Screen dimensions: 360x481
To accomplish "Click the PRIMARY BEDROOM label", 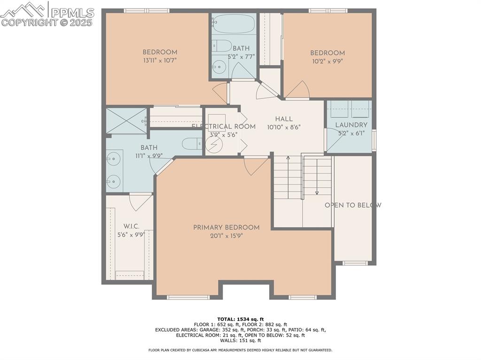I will [x=226, y=228].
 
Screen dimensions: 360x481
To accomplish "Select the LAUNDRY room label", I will [x=351, y=125].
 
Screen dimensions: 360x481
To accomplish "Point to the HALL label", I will [x=284, y=119].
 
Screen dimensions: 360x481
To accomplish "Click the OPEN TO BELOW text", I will [x=353, y=205].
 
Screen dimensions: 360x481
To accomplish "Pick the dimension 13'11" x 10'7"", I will [x=160, y=61].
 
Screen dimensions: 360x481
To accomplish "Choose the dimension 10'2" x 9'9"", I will [x=327, y=61].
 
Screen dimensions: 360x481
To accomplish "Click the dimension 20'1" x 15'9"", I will [x=226, y=236].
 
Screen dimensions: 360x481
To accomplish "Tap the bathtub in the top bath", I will [x=233, y=22].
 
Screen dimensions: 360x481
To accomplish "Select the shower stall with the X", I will [x=126, y=121].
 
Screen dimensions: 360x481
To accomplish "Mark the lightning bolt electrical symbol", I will [x=214, y=145].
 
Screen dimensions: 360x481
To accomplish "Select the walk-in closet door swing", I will [x=140, y=202].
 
